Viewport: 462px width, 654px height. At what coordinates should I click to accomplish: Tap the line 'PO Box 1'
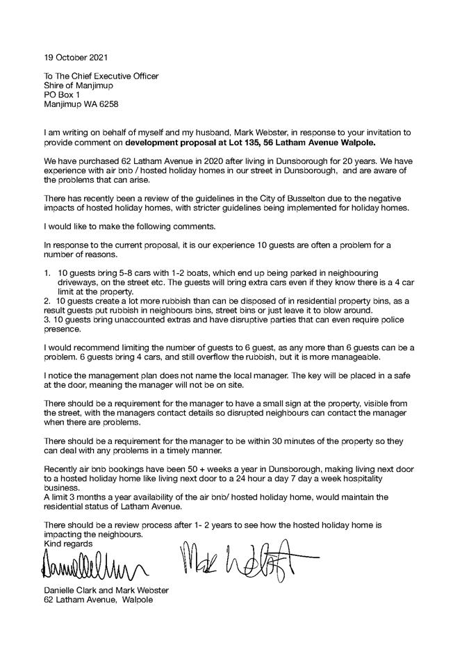pyautogui.click(x=61, y=94)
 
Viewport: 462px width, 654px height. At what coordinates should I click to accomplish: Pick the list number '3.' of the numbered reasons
pyautogui.click(x=47, y=322)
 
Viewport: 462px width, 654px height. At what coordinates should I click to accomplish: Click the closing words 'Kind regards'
pyautogui.click(x=67, y=543)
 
